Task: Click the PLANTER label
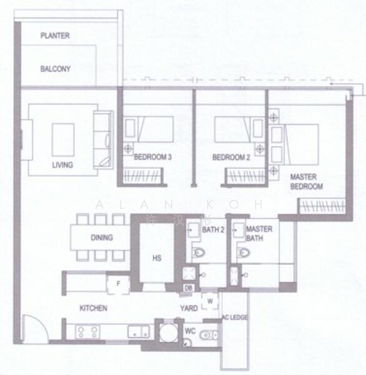(55, 36)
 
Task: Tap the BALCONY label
(56, 69)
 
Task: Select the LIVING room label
(62, 165)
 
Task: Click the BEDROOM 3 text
(152, 157)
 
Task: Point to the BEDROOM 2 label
(231, 157)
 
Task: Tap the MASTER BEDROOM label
(306, 182)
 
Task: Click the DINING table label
(102, 237)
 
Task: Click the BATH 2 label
(213, 229)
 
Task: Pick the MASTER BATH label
(259, 233)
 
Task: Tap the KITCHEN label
(93, 308)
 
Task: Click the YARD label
(189, 308)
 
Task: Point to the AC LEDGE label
(235, 318)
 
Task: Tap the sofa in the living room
(102, 139)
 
